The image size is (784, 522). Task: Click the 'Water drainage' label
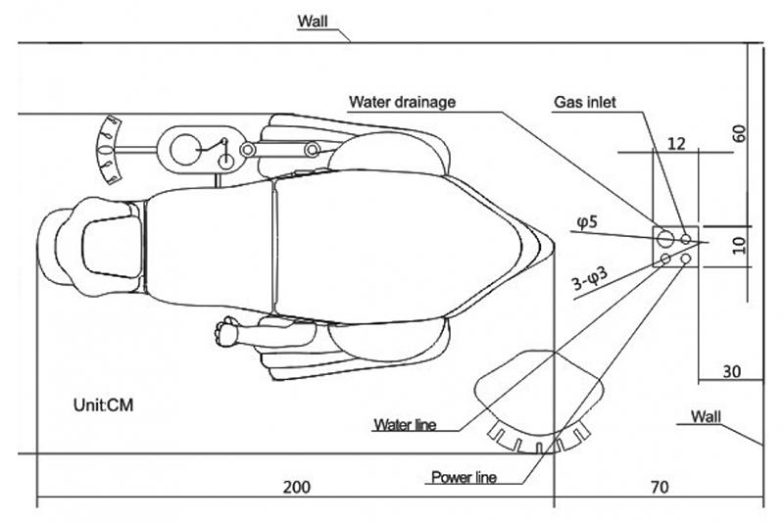403,101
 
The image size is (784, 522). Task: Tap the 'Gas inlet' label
585,101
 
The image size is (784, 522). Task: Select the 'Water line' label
404,425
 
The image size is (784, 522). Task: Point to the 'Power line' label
464,478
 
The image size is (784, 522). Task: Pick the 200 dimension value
297,487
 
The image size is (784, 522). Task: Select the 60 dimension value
741,134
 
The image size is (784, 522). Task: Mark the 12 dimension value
675,143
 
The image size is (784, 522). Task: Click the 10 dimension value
741,243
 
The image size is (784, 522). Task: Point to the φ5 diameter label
587,224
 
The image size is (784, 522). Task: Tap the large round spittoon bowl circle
184,150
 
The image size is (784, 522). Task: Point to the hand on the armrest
228,331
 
